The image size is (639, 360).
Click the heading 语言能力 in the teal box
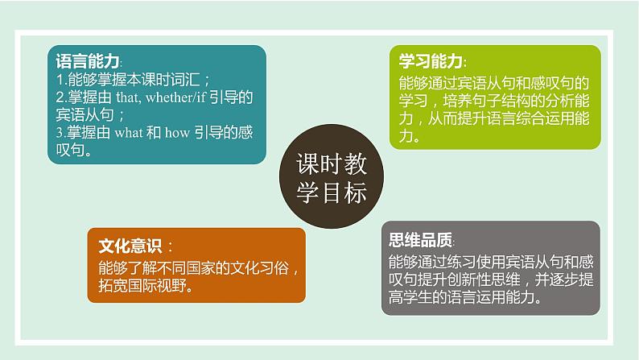click(x=88, y=62)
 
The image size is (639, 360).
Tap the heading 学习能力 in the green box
click(x=431, y=62)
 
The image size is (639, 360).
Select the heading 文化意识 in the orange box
click(x=129, y=246)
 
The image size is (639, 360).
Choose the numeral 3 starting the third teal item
click(x=60, y=134)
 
